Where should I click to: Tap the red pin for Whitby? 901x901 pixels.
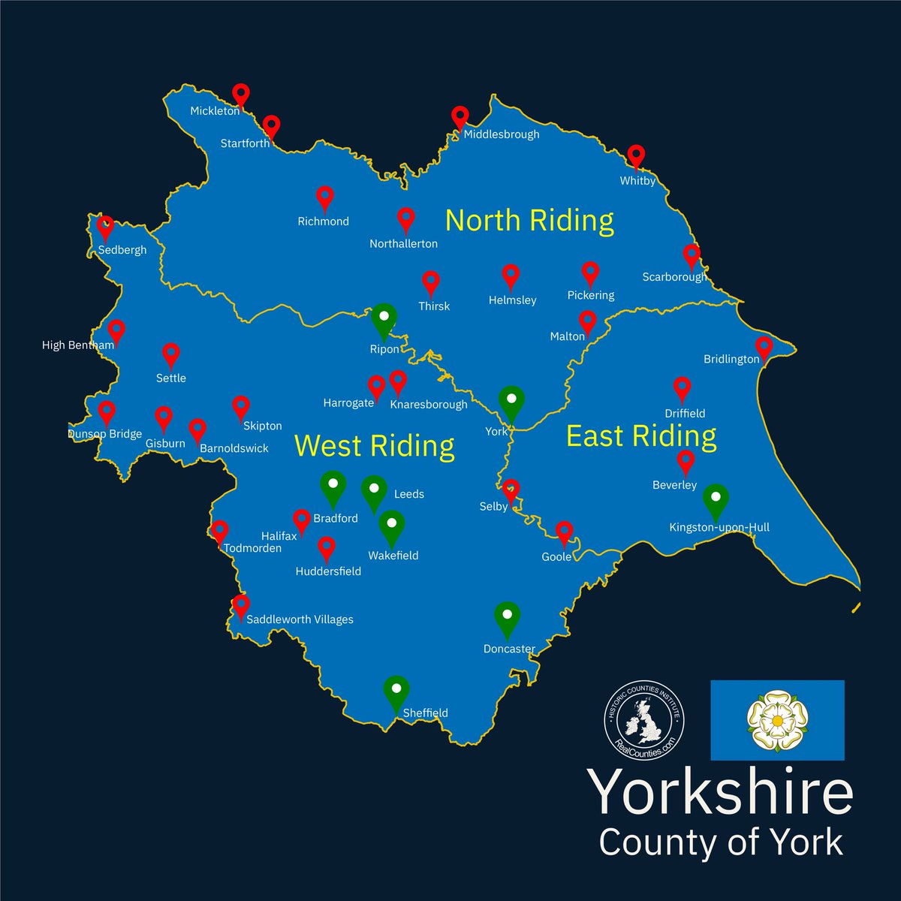[637, 156]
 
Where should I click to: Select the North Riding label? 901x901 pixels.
[529, 220]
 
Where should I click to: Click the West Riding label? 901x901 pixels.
[374, 445]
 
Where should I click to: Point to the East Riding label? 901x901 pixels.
[640, 435]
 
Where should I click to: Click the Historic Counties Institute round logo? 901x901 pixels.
[645, 719]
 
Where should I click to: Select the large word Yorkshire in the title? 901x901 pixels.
[721, 791]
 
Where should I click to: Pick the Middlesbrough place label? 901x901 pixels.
[502, 134]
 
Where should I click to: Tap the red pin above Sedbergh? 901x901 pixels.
[106, 226]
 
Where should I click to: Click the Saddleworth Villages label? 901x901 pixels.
[300, 619]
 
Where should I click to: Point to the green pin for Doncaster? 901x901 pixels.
[508, 617]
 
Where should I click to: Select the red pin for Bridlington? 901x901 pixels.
[764, 347]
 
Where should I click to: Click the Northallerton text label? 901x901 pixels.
[403, 243]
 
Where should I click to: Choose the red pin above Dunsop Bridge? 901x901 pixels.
[107, 411]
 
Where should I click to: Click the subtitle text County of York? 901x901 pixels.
[721, 842]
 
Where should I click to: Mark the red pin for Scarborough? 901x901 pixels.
[691, 255]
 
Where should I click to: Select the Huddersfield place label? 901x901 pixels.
[328, 571]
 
